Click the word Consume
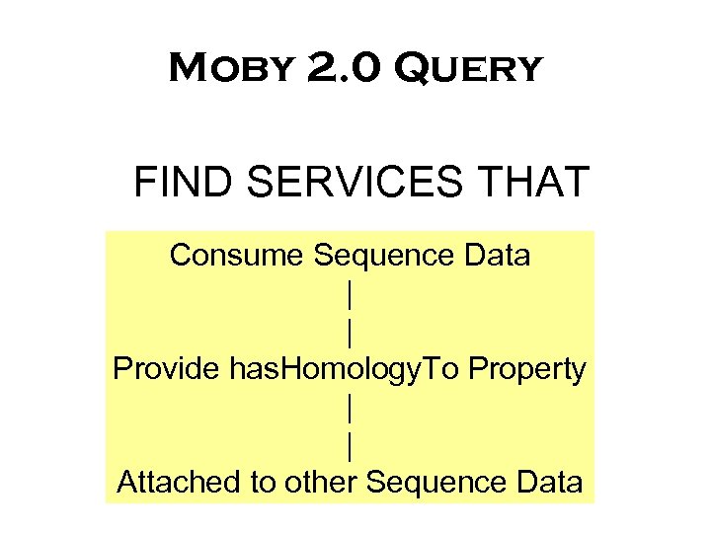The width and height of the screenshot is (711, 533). pyautogui.click(x=237, y=256)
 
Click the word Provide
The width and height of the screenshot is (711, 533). pyautogui.click(x=166, y=369)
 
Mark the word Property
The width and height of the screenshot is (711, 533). pyautogui.click(x=528, y=371)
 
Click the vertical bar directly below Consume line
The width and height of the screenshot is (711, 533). pyautogui.click(x=350, y=294)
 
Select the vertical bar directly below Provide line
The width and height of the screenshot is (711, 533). pyautogui.click(x=350, y=408)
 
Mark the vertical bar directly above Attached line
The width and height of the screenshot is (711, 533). pyautogui.click(x=350, y=446)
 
